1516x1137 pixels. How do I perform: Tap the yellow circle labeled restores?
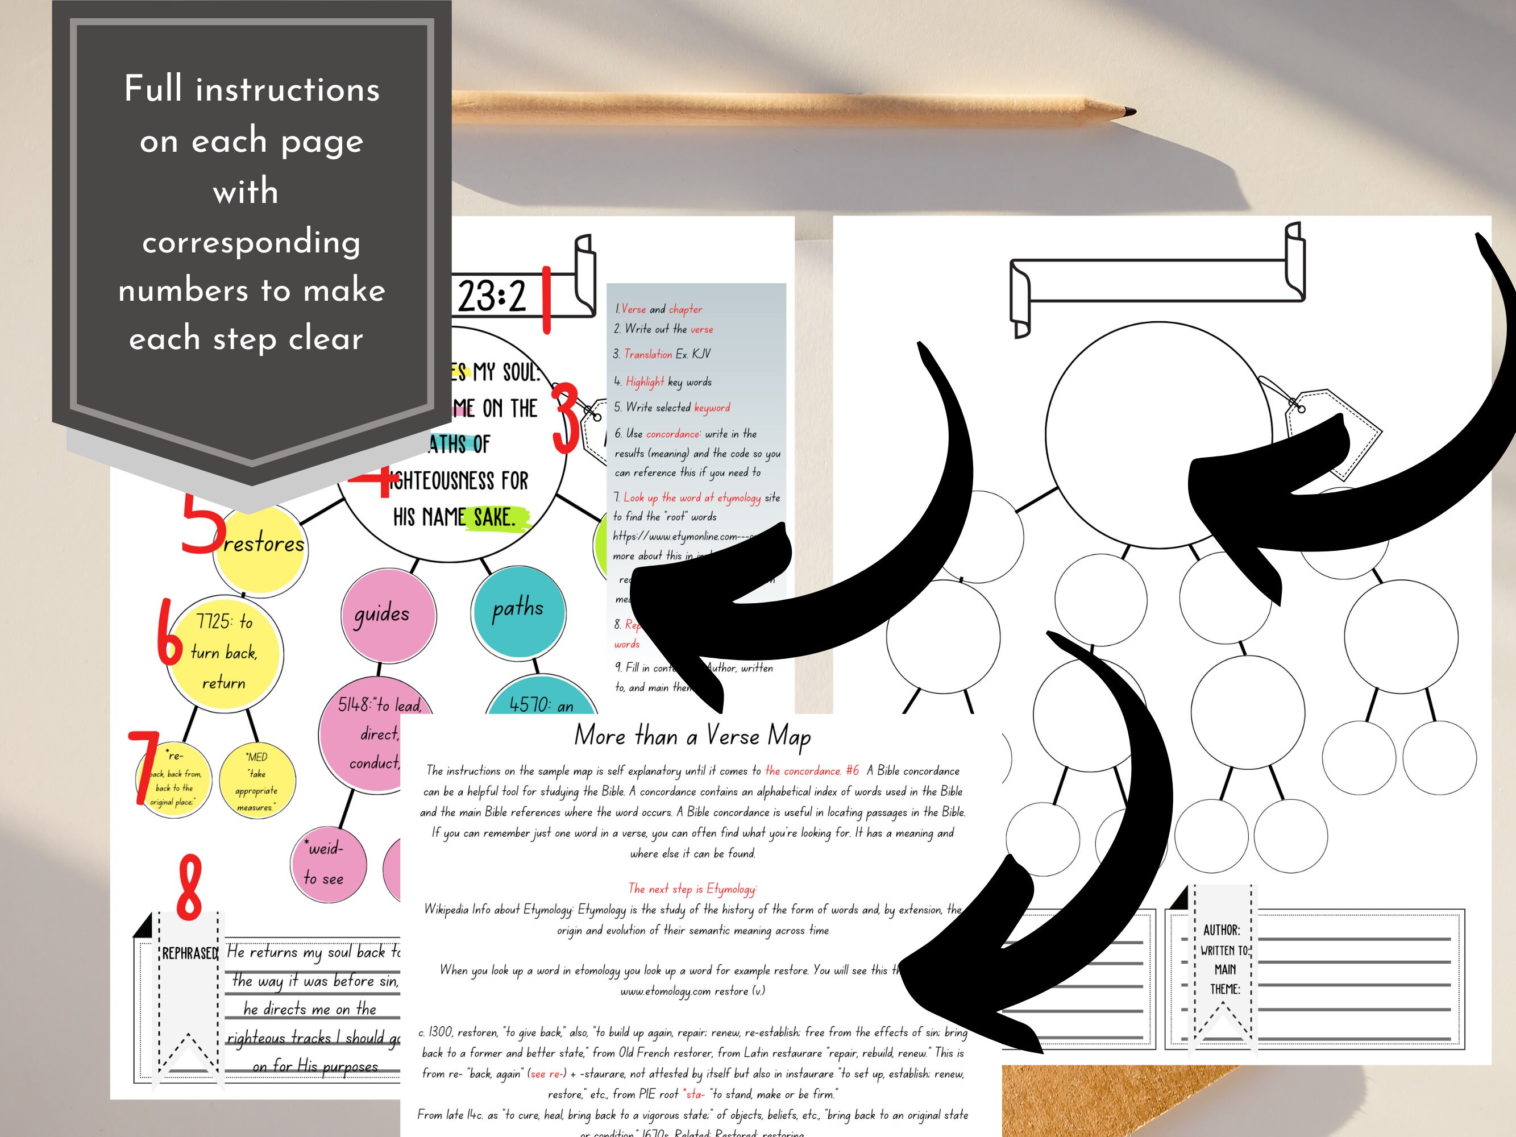click(263, 548)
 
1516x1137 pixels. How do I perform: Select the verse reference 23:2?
click(491, 297)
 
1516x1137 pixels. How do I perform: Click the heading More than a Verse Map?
click(692, 736)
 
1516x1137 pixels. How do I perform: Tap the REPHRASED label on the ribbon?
click(189, 953)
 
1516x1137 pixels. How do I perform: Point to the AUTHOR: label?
click(1222, 930)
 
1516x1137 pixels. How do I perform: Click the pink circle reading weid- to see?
click(326, 864)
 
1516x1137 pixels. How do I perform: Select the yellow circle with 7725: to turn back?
click(224, 651)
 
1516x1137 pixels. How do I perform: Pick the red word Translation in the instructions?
click(647, 354)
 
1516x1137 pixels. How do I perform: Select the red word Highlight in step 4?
click(644, 381)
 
